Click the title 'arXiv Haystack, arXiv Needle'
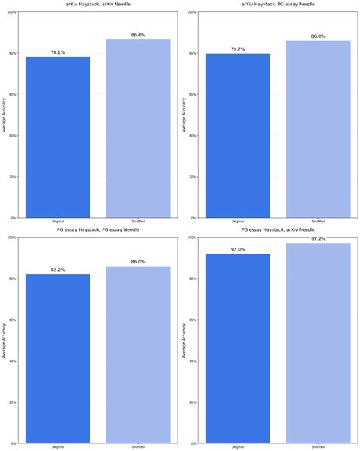coord(98,4)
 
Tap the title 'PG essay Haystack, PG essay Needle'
coord(98,229)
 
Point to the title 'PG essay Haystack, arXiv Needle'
coord(277,229)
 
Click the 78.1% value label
coord(58,52)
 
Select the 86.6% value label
coord(138,35)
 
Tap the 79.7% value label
coord(238,49)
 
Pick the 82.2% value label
coord(58,270)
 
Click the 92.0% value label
coord(238,249)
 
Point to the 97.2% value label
coord(318,238)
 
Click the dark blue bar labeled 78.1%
coord(58,137)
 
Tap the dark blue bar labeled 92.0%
coord(238,348)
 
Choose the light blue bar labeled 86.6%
coord(138,129)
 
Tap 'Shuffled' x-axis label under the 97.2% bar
coord(318,446)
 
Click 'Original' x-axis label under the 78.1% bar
coord(58,222)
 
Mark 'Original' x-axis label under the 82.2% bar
coord(58,446)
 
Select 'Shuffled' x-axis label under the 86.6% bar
coord(138,222)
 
